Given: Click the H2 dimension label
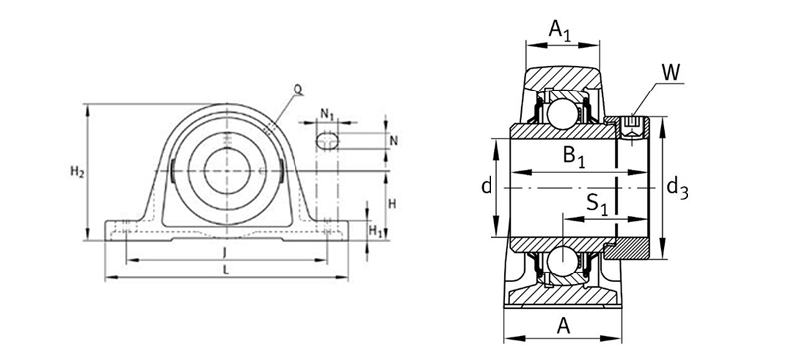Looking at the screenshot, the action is click(77, 172).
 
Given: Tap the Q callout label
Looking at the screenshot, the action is click(298, 90).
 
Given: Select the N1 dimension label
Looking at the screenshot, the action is click(327, 114).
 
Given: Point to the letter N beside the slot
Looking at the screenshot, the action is click(394, 141).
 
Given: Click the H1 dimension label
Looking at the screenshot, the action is click(375, 231).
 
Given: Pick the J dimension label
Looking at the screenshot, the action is click(224, 254).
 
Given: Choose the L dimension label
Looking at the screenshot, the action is click(226, 271).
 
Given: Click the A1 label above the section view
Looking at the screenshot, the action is click(560, 30).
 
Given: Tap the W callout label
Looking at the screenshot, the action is click(671, 73).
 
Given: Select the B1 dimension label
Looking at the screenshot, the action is click(574, 156).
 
